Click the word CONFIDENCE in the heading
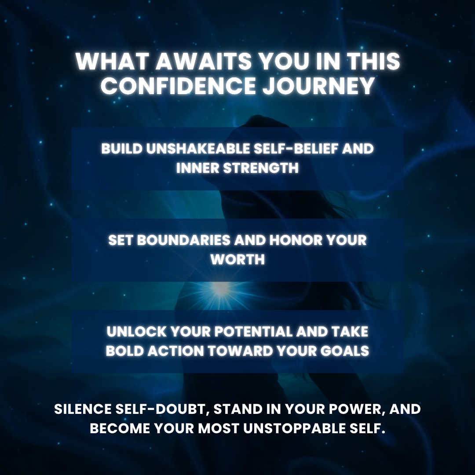(x=178, y=86)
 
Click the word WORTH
(x=237, y=259)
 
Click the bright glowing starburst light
(x=220, y=289)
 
